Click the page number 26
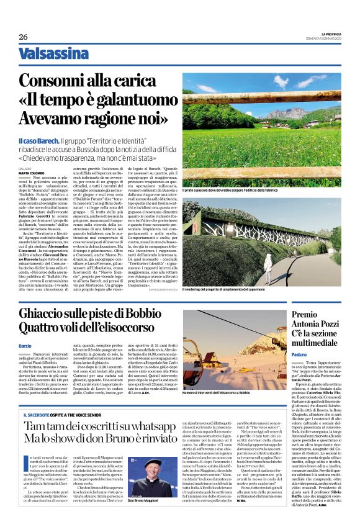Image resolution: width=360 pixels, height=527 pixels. tap(23, 37)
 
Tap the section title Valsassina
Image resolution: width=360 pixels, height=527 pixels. tap(53, 54)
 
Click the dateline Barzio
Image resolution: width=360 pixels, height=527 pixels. tap(25, 345)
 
